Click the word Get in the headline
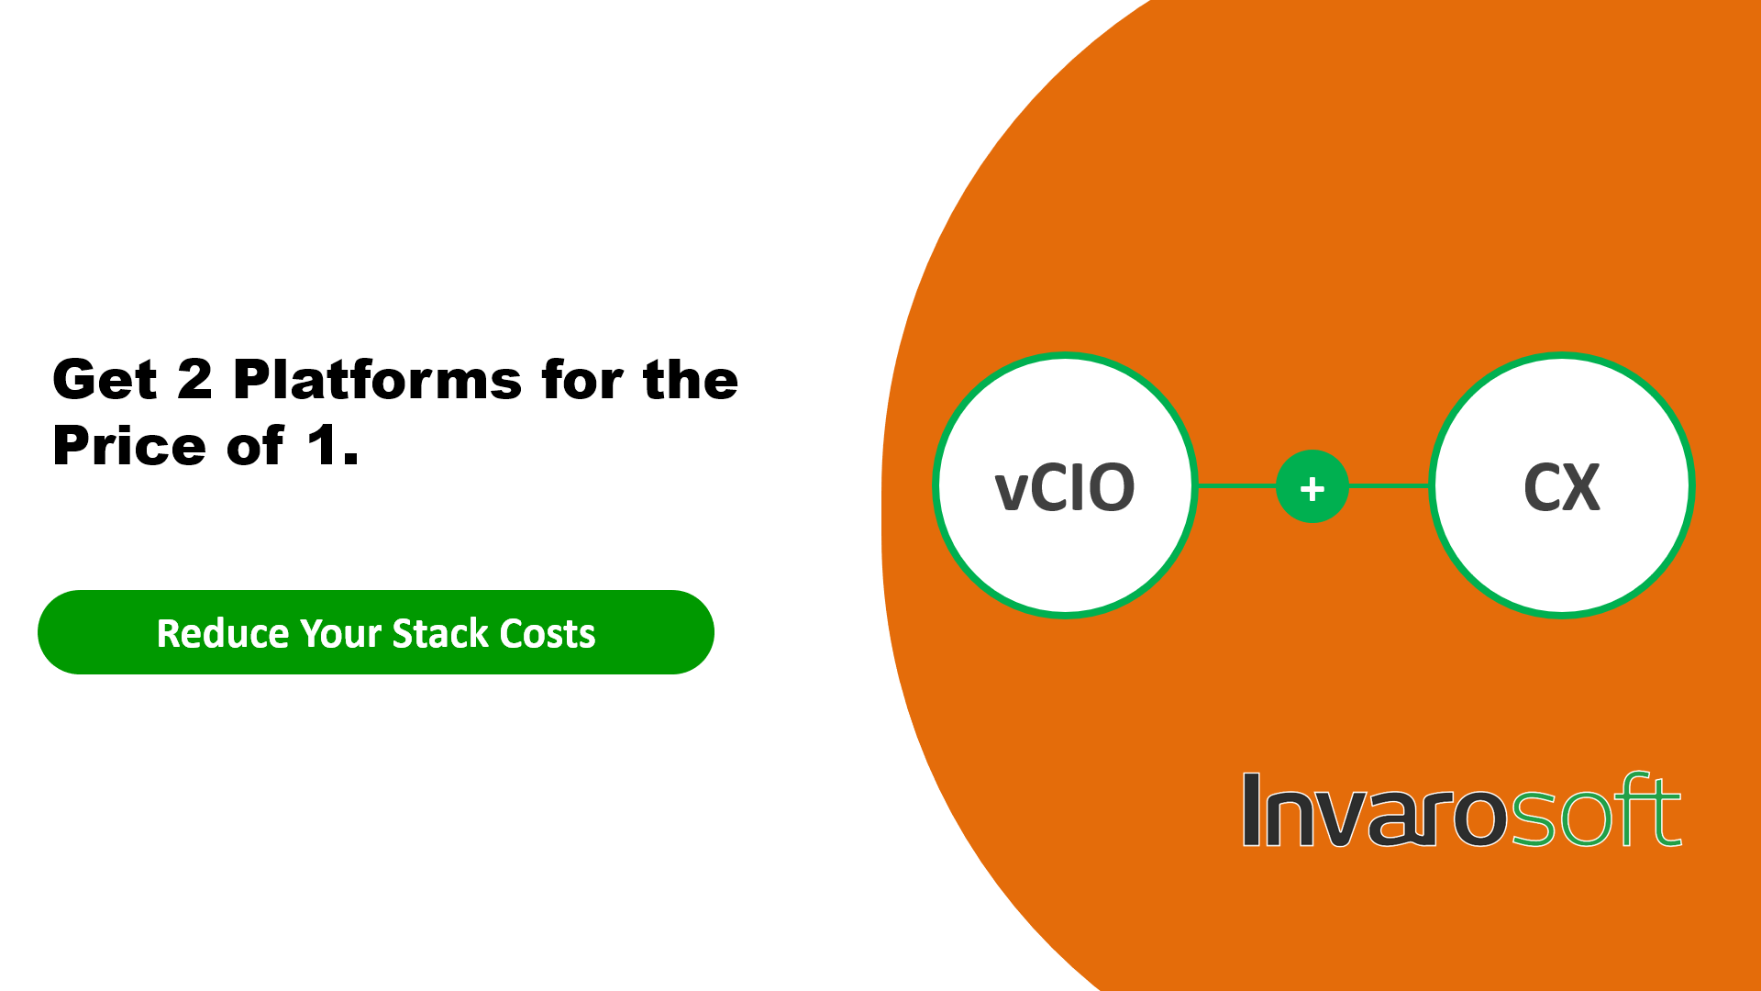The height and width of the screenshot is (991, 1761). click(x=105, y=380)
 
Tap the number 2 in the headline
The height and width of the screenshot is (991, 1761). click(x=194, y=379)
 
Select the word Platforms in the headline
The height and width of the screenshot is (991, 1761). click(x=378, y=379)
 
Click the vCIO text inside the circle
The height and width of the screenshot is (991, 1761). click(x=1065, y=487)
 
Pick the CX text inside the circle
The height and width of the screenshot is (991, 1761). click(x=1562, y=487)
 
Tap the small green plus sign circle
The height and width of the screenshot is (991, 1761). click(x=1312, y=486)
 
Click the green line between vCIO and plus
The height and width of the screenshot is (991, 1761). click(x=1236, y=486)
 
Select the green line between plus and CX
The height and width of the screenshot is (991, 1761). click(x=1390, y=486)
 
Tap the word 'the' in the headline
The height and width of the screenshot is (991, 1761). click(x=691, y=379)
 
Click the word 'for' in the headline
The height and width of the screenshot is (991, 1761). click(x=582, y=379)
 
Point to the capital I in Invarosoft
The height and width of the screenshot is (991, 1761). click(x=1251, y=809)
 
